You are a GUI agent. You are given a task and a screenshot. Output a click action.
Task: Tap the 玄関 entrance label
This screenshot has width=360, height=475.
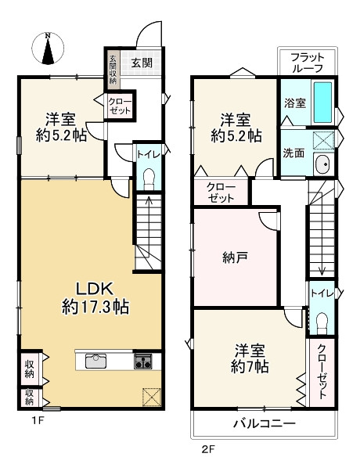pos(142,63)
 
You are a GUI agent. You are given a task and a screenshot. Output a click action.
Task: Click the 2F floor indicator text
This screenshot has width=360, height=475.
pos(207,449)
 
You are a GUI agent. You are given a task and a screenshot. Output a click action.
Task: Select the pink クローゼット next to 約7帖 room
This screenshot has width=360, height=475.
pos(322,370)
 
